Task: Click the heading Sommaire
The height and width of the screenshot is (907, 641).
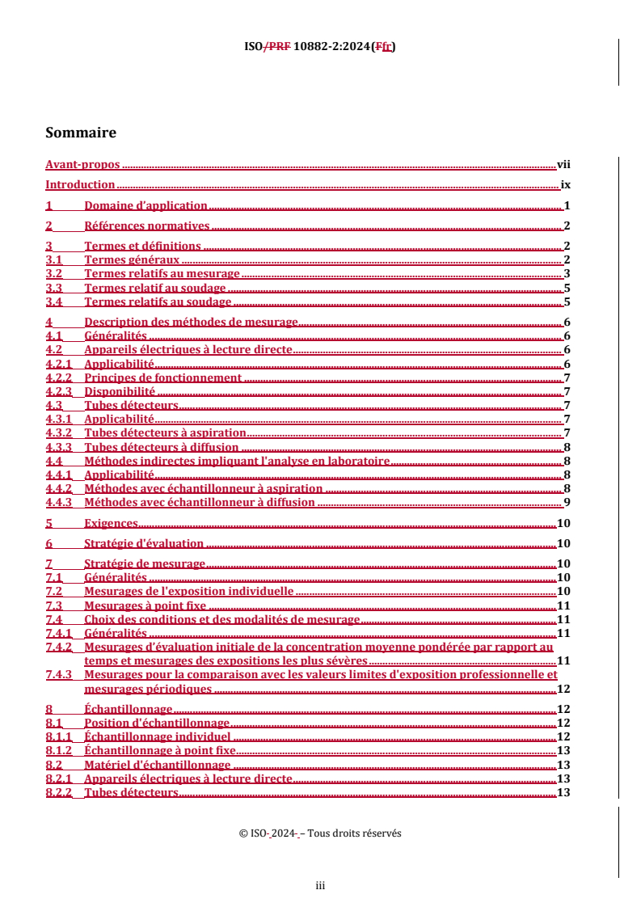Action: click(x=81, y=132)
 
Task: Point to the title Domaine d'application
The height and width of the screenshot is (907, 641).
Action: click(x=145, y=206)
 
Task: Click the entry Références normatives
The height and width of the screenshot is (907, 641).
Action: click(x=146, y=226)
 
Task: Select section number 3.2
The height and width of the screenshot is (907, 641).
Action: click(x=53, y=274)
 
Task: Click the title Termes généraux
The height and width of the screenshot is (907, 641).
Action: click(x=132, y=260)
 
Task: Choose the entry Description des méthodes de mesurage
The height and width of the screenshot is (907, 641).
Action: click(x=191, y=323)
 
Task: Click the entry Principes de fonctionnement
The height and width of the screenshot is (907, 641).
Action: click(x=162, y=378)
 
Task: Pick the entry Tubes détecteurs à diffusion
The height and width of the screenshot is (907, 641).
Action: click(x=161, y=447)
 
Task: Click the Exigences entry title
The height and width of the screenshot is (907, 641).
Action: click(x=111, y=524)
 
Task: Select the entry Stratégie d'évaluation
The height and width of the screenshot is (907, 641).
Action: click(x=143, y=544)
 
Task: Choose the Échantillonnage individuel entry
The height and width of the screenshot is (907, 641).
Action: click(x=157, y=736)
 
